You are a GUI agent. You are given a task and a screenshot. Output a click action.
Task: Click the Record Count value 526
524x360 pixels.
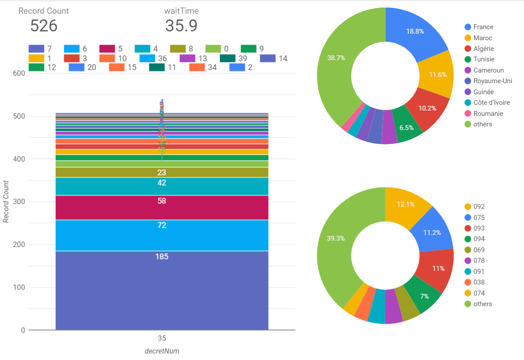pos(44,26)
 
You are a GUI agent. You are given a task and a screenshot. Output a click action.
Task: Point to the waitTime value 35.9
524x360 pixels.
pos(181,26)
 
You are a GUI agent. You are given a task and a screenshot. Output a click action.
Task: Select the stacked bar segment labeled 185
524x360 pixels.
pos(162,290)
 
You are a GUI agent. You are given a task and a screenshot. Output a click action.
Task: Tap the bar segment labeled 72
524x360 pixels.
pos(162,235)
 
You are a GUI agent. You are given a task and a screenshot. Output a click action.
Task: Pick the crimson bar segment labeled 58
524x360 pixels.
pos(162,207)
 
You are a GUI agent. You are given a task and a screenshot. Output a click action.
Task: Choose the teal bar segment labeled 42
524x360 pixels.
pos(162,186)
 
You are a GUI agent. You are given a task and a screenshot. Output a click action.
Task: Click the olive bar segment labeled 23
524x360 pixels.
pos(162,172)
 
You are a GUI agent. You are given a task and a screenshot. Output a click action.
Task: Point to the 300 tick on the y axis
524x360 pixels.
pos(19,202)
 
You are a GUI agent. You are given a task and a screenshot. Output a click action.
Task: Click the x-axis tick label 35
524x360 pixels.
pos(162,338)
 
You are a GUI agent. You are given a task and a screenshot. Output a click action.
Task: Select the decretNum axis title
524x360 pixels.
pos(162,351)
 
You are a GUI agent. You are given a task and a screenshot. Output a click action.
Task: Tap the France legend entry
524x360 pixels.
pos(483,27)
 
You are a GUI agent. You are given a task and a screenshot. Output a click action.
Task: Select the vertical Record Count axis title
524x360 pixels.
pos(6,202)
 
